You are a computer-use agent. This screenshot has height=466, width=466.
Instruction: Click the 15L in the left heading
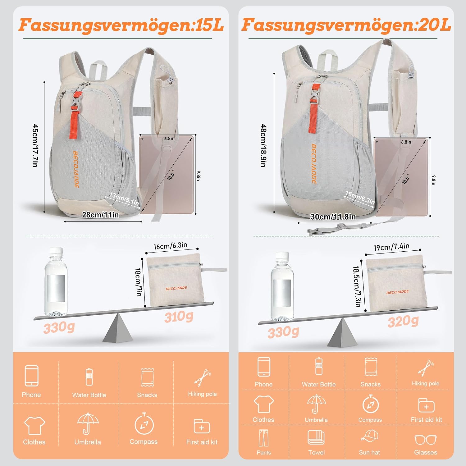click(x=210, y=25)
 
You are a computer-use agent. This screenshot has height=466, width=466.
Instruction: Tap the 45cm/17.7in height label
click(x=35, y=146)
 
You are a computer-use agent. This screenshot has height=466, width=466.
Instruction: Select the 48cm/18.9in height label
click(x=263, y=146)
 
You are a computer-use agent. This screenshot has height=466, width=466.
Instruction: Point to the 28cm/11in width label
click(x=100, y=215)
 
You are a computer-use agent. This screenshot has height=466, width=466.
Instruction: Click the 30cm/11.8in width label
click(x=333, y=217)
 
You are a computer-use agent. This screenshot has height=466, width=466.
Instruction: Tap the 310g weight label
click(x=179, y=317)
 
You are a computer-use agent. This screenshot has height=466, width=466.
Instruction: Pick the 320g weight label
click(x=403, y=321)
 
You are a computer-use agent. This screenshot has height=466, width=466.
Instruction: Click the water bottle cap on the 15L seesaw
click(x=56, y=251)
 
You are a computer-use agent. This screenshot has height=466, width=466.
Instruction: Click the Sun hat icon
click(x=369, y=436)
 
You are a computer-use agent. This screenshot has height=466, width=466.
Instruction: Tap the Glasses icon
click(x=426, y=440)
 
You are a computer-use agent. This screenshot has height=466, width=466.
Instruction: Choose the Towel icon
click(x=316, y=437)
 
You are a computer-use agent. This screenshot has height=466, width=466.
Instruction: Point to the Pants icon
click(x=264, y=438)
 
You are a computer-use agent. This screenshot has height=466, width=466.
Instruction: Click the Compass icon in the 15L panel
click(x=144, y=423)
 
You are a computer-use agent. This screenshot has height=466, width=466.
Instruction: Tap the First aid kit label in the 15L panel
click(x=202, y=442)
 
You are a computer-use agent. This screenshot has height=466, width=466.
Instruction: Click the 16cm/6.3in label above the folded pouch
click(x=171, y=246)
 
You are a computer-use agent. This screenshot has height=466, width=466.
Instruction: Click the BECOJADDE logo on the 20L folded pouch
click(x=398, y=292)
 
